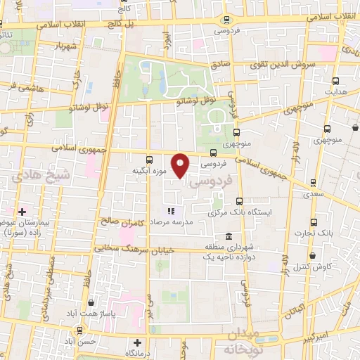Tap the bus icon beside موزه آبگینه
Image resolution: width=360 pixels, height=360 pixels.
pyautogui.click(x=149, y=160)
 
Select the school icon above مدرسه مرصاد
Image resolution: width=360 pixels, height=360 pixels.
pyautogui.click(x=169, y=211)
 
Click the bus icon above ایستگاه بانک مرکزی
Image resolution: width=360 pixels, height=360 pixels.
pyautogui.click(x=239, y=201)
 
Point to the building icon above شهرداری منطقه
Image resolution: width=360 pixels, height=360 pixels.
pyautogui.click(x=229, y=237)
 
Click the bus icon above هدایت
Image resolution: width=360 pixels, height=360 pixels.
pyautogui.click(x=335, y=82)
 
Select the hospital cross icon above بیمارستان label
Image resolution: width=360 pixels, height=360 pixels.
pyautogui.click(x=22, y=211)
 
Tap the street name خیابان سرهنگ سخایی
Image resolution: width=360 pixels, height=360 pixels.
pyautogui.click(x=124, y=248)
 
